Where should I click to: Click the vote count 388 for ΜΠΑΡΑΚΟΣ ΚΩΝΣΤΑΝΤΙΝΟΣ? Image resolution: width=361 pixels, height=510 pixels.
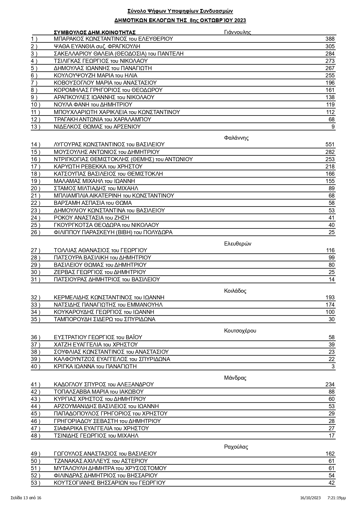[x=330, y=39]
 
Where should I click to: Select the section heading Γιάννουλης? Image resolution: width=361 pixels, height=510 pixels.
[x=237, y=32]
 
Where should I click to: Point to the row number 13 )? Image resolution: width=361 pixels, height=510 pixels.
[x=36, y=127]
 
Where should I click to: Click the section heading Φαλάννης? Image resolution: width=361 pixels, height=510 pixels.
[x=236, y=138]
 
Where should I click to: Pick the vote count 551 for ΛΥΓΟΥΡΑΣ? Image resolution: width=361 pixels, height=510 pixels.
[x=330, y=145]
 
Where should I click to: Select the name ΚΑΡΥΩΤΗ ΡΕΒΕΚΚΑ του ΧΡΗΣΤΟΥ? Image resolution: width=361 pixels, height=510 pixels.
[x=98, y=166]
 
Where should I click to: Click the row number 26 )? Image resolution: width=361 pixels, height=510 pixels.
[x=36, y=232]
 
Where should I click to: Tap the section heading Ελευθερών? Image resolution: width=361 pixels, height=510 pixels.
[x=238, y=244]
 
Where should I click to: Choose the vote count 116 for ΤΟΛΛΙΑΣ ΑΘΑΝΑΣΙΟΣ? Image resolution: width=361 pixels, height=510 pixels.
[x=330, y=250]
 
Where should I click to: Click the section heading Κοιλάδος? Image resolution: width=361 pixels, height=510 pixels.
[x=235, y=291]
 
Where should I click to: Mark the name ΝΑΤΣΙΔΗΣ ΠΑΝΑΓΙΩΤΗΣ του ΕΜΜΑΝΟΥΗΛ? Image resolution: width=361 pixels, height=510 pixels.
[x=108, y=305]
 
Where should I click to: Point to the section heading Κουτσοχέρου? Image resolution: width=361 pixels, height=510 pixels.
[x=240, y=331]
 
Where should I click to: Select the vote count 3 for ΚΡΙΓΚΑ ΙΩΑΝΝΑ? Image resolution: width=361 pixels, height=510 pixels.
[x=333, y=367]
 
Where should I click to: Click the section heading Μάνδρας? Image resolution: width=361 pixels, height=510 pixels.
[x=235, y=378]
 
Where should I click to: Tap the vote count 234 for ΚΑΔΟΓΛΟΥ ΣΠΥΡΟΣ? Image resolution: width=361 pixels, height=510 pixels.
[x=330, y=385]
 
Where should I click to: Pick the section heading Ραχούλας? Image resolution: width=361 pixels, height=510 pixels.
[x=236, y=447]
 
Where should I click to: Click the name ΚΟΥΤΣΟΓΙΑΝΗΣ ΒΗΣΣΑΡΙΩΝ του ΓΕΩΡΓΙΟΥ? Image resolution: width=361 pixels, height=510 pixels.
[x=109, y=483]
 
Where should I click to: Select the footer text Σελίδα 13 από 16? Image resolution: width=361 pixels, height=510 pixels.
[x=26, y=498]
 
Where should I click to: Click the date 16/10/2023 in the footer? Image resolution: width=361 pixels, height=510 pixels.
[x=310, y=498]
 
